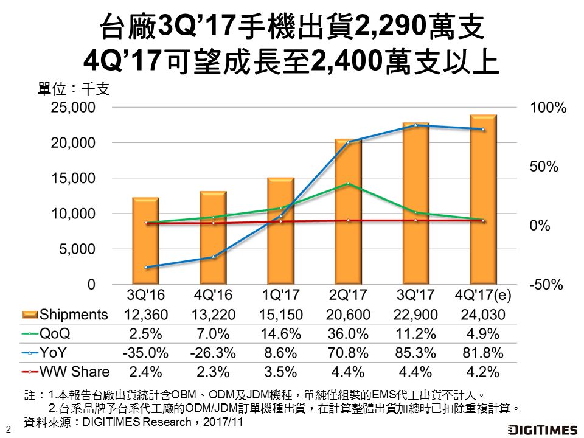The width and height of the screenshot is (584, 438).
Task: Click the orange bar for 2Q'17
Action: pyautogui.click(x=349, y=212)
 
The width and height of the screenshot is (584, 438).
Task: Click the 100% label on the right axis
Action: pyautogui.click(x=548, y=108)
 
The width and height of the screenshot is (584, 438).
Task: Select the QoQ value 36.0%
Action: pyautogui.click(x=349, y=333)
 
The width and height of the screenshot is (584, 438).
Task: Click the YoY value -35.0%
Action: pyautogui.click(x=145, y=352)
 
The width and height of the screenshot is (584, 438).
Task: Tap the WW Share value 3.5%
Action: pyautogui.click(x=280, y=371)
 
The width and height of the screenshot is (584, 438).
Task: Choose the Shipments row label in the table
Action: pyautogui.click(x=74, y=315)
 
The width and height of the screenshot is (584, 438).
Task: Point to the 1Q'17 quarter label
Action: pyautogui.click(x=280, y=294)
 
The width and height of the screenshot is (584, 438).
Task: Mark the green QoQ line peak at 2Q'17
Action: pyautogui.click(x=348, y=183)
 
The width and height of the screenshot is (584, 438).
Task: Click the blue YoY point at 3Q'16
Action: pyautogui.click(x=146, y=267)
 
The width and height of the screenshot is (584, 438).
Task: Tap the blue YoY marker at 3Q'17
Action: pyautogui.click(x=415, y=125)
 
